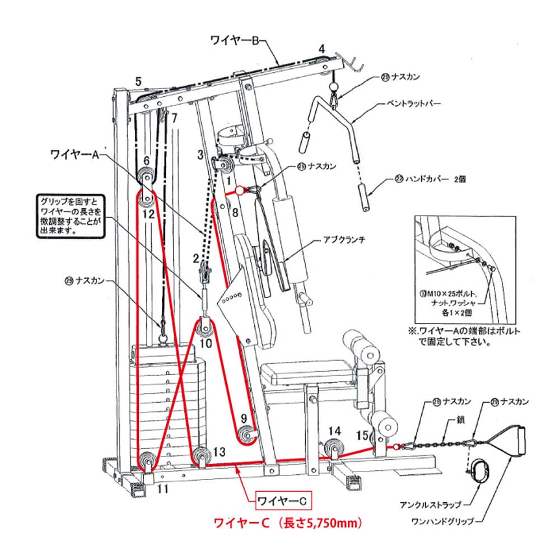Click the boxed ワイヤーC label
tap(282, 500)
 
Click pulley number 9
tap(246, 435)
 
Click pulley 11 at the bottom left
tap(147, 463)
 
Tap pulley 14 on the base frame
tap(334, 448)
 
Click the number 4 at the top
tap(321, 49)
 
